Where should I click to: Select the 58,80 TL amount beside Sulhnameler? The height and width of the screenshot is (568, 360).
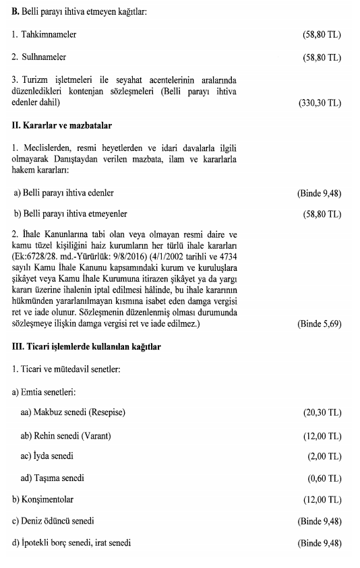click(323, 58)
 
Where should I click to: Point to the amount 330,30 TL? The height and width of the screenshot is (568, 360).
click(320, 103)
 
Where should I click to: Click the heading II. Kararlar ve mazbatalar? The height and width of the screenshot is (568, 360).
click(61, 125)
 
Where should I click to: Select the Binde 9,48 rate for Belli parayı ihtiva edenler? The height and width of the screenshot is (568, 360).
click(319, 193)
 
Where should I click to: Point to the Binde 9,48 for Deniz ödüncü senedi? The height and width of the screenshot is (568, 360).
click(319, 522)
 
